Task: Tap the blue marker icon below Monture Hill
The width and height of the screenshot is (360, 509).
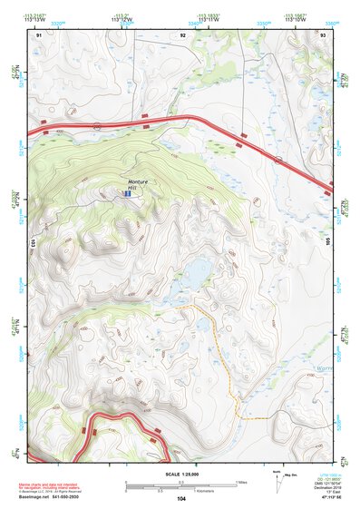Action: [x=128, y=193]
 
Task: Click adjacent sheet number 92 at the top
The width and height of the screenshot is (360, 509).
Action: [x=183, y=34]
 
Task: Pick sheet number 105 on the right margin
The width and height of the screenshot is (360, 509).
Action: [x=330, y=242]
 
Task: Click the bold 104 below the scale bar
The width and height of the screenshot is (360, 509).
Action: [x=181, y=499]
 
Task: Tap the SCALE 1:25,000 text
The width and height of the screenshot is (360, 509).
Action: [x=180, y=473]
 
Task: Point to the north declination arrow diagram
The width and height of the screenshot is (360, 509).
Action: [x=277, y=478]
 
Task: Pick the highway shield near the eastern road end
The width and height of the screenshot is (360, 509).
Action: [x=281, y=160]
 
